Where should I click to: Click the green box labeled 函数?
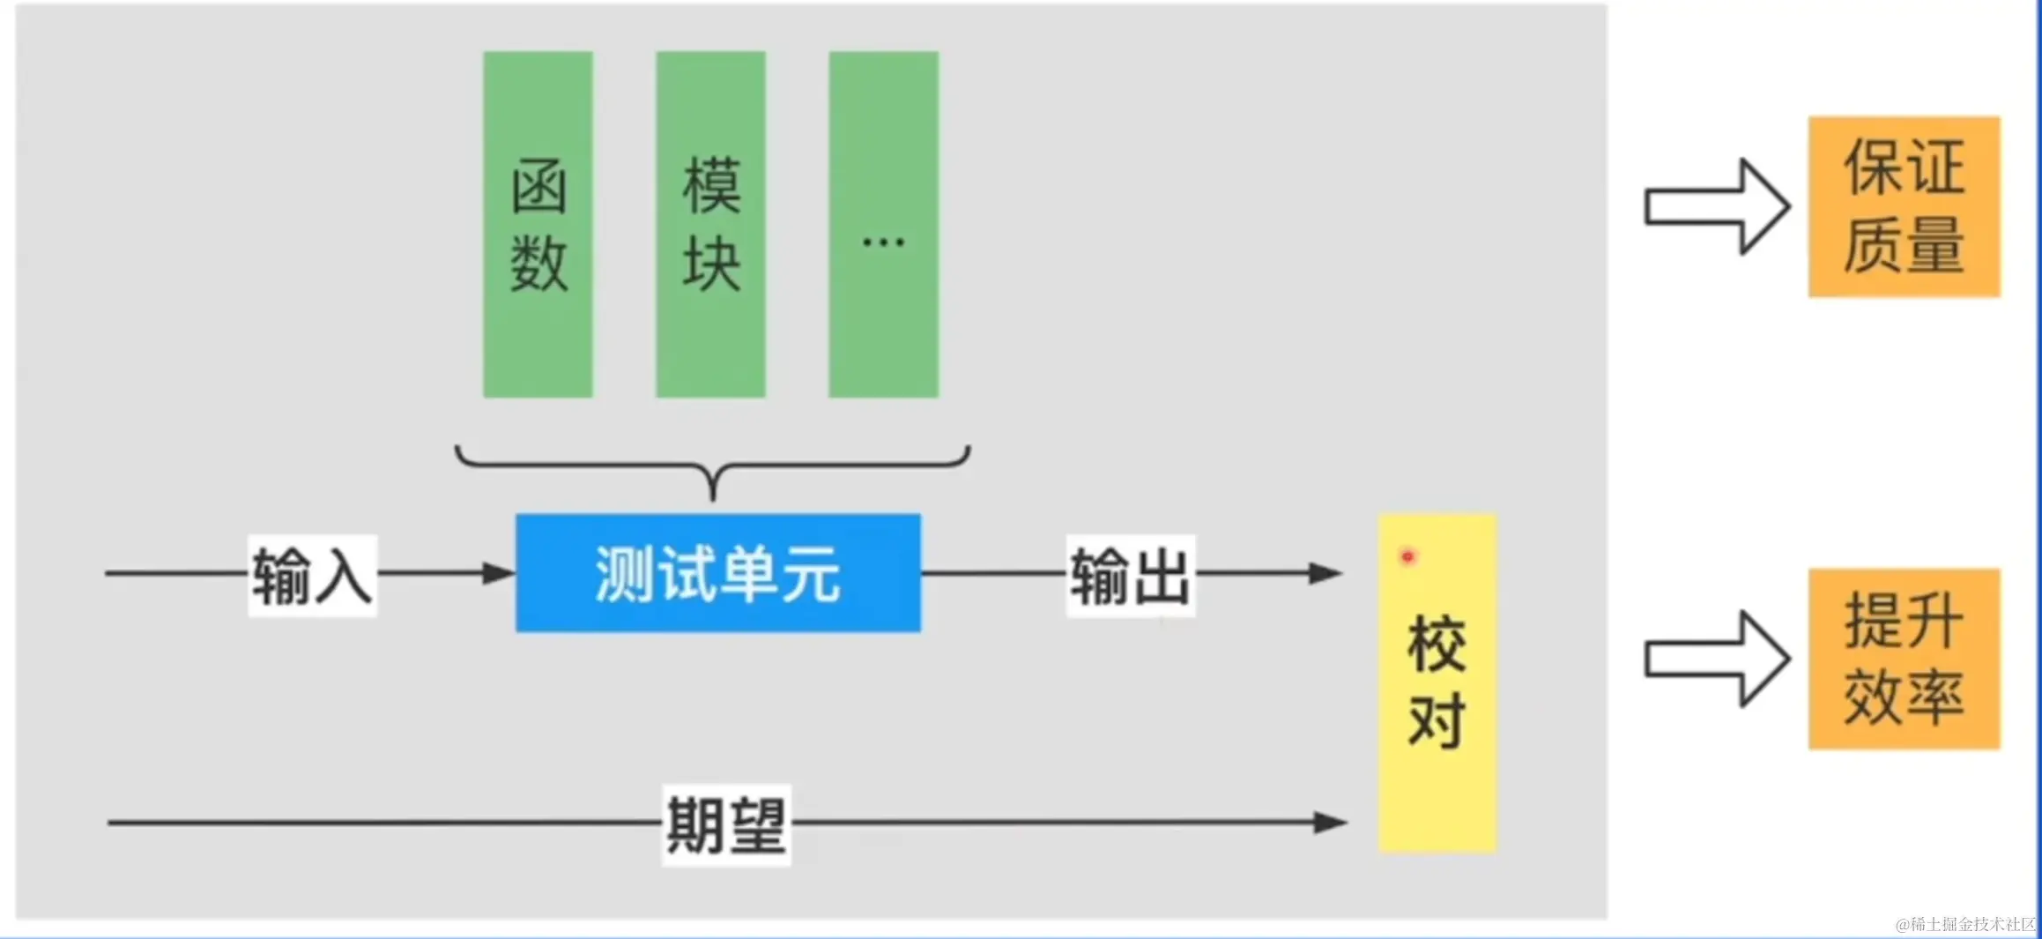pyautogui.click(x=538, y=224)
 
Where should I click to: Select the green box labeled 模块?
pyautogui.click(x=710, y=224)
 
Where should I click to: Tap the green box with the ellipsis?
pyautogui.click(x=883, y=224)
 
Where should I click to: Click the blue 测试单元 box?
pyautogui.click(x=717, y=573)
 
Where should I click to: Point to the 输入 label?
pyautogui.click(x=312, y=576)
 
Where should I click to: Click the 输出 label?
pyautogui.click(x=1131, y=576)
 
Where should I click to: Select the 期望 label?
pyautogui.click(x=726, y=824)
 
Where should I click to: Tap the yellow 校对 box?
pyautogui.click(x=1437, y=683)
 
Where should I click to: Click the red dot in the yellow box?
pyautogui.click(x=1407, y=556)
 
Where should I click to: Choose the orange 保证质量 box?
pyautogui.click(x=1904, y=206)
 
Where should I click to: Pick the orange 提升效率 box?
pyautogui.click(x=1904, y=659)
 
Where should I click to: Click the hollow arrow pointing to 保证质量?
pyautogui.click(x=1717, y=207)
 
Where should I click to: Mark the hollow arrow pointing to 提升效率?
pyautogui.click(x=1717, y=660)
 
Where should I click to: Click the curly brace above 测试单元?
pyautogui.click(x=713, y=467)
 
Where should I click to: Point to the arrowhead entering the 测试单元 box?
pyautogui.click(x=499, y=573)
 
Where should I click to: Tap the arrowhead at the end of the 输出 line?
pyautogui.click(x=1325, y=573)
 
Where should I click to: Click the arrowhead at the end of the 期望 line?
pyautogui.click(x=1330, y=823)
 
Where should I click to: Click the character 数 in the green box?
pyautogui.click(x=538, y=263)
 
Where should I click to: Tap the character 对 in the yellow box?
pyautogui.click(x=1437, y=720)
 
